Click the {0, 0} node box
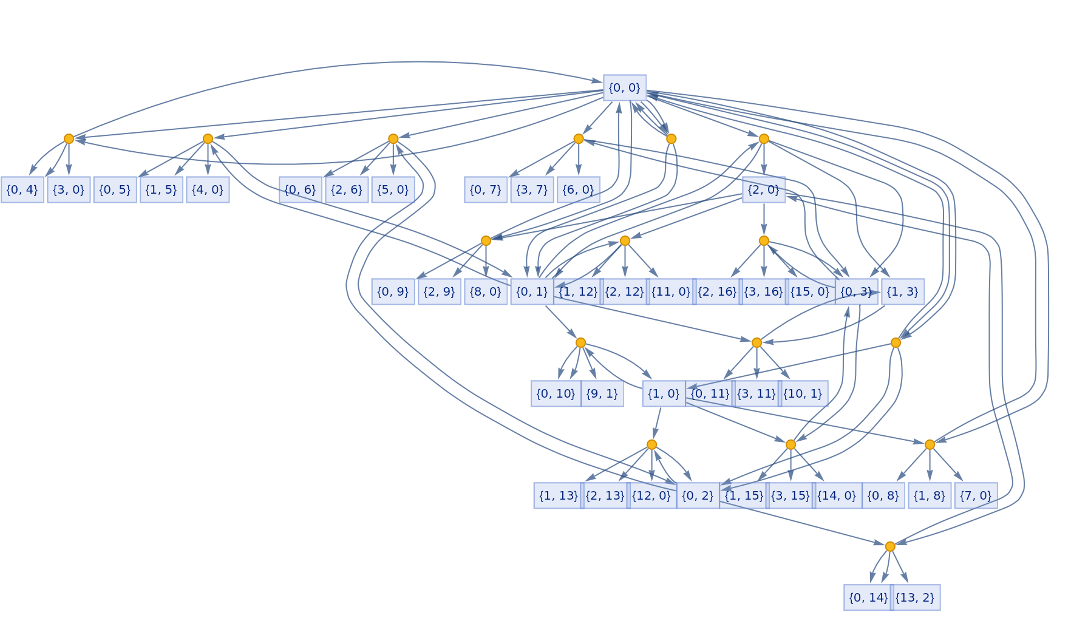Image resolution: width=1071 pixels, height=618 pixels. point(624,87)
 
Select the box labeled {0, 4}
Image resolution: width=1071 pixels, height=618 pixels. point(22,189)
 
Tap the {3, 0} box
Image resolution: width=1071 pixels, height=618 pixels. point(69,189)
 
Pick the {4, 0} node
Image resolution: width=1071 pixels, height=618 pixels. point(208,189)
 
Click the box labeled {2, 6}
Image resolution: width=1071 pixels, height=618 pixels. point(347,189)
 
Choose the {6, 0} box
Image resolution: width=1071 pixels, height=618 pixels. point(578,189)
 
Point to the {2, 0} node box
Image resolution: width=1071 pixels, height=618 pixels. point(763,189)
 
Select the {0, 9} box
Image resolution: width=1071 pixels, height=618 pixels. point(393,291)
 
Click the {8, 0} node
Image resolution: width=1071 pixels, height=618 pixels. point(486,291)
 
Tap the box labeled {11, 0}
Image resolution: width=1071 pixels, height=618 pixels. point(671,291)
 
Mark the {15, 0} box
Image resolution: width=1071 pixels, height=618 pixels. point(810,291)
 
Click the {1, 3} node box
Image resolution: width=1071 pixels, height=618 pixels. point(902,291)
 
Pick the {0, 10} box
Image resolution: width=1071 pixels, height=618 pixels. point(556,393)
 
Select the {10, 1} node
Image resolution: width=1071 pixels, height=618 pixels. point(803,393)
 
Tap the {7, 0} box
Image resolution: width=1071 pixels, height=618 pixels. point(976,495)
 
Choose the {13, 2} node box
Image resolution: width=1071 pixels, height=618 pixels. point(915,597)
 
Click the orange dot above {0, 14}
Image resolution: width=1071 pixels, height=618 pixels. point(890,546)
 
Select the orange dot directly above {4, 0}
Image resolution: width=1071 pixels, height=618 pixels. point(208,138)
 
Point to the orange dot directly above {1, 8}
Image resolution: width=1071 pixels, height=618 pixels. point(930,444)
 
